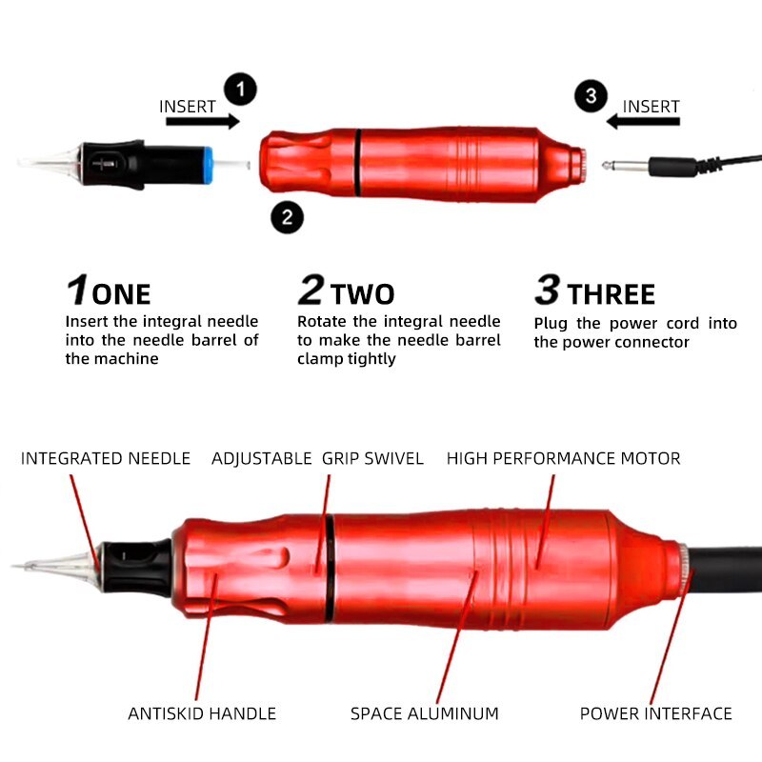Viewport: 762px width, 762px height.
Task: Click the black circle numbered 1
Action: pos(241,90)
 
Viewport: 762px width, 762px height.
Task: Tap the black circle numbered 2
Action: pos(287,216)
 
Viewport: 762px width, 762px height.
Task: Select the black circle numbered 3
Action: pos(591,96)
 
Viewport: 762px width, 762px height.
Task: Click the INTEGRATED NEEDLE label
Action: pos(106,458)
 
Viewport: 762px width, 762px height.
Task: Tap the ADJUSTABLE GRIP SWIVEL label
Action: pos(317,458)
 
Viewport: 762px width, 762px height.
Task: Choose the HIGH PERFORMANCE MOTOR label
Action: pos(563,458)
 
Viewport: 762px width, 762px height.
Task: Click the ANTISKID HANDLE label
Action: pos(202,713)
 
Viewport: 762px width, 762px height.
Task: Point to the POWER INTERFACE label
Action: pos(655,713)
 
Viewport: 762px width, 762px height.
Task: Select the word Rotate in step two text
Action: pos(323,322)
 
